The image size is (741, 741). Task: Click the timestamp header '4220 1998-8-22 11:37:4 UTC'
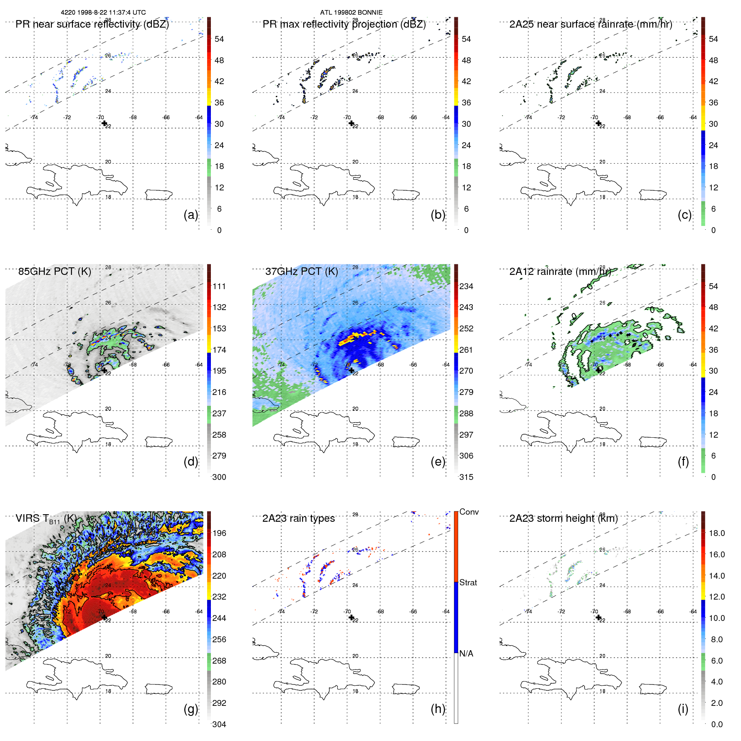click(103, 13)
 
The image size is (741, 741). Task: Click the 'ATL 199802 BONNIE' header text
click(351, 13)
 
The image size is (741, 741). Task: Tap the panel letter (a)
click(190, 215)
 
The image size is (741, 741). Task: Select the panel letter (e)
click(438, 462)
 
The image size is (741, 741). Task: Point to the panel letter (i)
click(683, 709)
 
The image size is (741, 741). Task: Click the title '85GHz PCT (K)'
click(54, 272)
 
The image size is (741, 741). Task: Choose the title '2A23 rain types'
click(298, 518)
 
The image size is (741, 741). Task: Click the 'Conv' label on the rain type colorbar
click(469, 512)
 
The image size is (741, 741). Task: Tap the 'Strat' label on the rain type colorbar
click(468, 582)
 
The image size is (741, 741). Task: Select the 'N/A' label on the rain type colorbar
click(466, 654)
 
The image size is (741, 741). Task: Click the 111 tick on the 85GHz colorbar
click(219, 286)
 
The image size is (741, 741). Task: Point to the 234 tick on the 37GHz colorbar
click(466, 286)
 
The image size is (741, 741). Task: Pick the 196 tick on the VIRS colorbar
click(219, 533)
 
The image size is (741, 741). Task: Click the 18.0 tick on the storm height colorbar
click(716, 533)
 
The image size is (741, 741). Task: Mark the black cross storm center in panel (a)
click(104, 123)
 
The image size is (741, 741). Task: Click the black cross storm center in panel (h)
click(351, 617)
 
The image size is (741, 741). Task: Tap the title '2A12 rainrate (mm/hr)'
click(560, 272)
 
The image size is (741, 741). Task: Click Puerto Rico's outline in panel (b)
click(405, 195)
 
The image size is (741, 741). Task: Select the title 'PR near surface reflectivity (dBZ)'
click(92, 24)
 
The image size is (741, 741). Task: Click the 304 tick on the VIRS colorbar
click(219, 724)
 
